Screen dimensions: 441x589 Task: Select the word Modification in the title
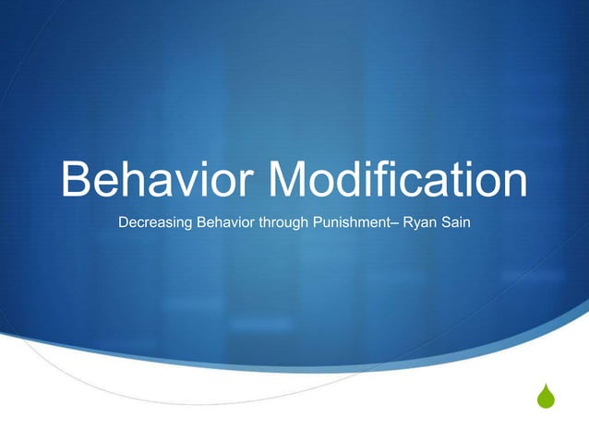[399, 179]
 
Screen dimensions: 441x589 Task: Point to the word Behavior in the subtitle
[227, 222]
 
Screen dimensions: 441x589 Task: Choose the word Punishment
[352, 222]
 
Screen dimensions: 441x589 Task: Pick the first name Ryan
[421, 222]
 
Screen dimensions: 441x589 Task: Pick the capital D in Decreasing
[126, 222]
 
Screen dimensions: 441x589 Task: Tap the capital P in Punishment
[320, 222]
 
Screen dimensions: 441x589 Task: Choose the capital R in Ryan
[409, 222]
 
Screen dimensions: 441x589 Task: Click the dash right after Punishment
[397, 223]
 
